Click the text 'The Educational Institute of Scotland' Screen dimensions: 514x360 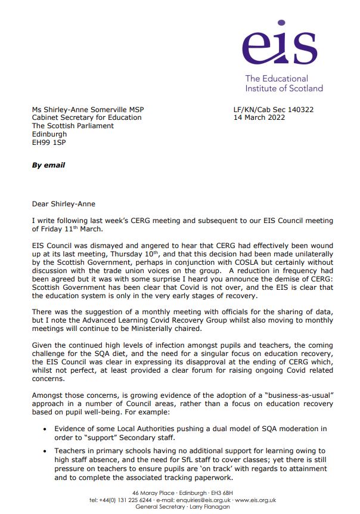coord(284,83)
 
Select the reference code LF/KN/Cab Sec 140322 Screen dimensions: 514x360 coord(274,110)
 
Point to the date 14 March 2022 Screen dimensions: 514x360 coord(259,117)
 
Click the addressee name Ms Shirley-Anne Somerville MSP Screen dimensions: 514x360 coord(88,110)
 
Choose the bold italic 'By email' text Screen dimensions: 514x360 coord(48,165)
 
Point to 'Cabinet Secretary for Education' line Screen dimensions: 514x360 coord(86,117)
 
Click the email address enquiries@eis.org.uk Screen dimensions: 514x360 coord(225,500)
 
